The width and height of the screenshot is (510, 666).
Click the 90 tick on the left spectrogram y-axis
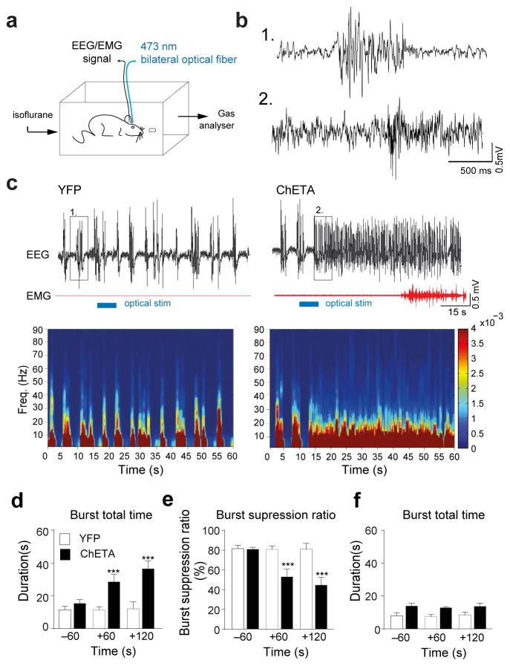[x=37, y=330]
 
